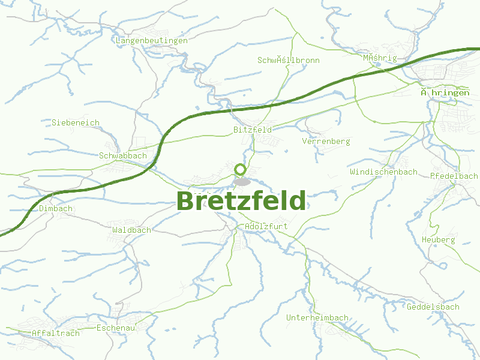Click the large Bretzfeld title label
tap(241, 201)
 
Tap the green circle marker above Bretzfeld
tap(241, 169)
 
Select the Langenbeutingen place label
tap(151, 40)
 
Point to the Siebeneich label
tap(76, 122)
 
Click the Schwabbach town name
tap(122, 155)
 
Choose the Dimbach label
tap(56, 208)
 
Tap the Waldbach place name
tap(131, 229)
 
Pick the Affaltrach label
tap(55, 333)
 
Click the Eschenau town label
tap(116, 328)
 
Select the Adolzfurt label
tap(266, 226)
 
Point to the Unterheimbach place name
tap(317, 317)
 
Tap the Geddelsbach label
tap(433, 307)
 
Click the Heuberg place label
tap(438, 239)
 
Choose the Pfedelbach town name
tap(454, 176)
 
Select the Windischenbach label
tap(383, 172)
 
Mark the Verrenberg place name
tap(326, 141)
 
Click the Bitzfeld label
tap(252, 129)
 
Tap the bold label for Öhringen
tap(445, 92)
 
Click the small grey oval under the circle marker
tap(242, 181)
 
